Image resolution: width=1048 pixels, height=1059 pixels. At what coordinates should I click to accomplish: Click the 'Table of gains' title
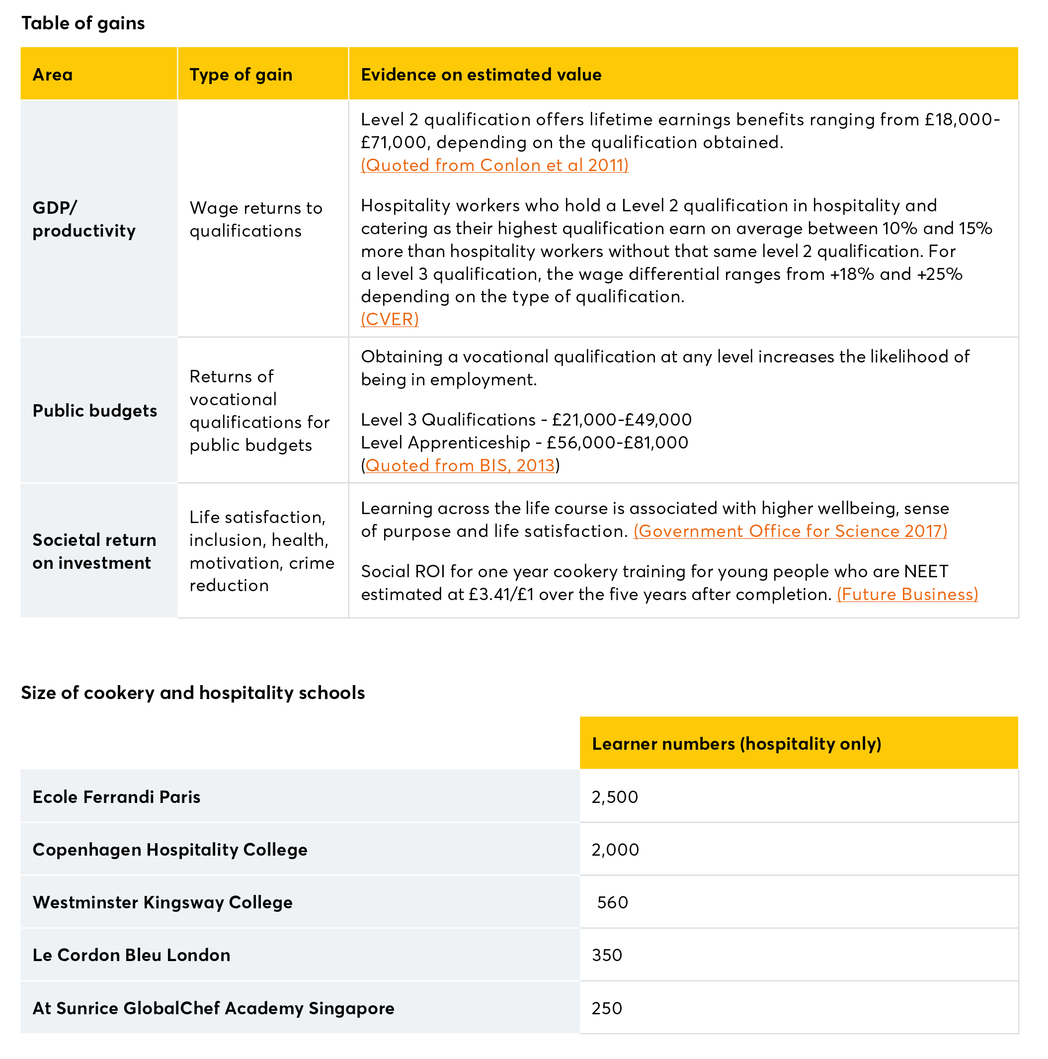pyautogui.click(x=83, y=23)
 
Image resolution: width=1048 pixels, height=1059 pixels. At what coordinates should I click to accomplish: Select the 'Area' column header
pyautogui.click(x=53, y=75)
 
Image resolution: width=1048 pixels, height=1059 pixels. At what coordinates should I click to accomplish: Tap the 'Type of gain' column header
pyautogui.click(x=241, y=75)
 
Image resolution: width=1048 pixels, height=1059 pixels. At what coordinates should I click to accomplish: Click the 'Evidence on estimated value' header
pyautogui.click(x=481, y=75)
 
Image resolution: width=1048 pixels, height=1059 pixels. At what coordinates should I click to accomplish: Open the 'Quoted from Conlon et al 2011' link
pyautogui.click(x=494, y=165)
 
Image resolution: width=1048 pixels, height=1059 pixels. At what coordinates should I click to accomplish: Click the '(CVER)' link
pyautogui.click(x=390, y=319)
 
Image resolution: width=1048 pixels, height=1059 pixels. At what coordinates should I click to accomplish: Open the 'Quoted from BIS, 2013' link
pyautogui.click(x=460, y=465)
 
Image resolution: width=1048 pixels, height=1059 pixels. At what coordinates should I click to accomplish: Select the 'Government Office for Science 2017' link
pyautogui.click(x=790, y=531)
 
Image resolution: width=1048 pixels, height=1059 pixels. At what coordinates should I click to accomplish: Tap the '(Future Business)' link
pyautogui.click(x=907, y=594)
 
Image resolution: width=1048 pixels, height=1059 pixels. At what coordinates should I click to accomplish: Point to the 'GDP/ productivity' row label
pyautogui.click(x=84, y=219)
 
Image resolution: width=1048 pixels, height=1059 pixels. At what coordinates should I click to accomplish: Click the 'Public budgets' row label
pyautogui.click(x=95, y=411)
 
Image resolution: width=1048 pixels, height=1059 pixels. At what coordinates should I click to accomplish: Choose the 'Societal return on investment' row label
pyautogui.click(x=94, y=551)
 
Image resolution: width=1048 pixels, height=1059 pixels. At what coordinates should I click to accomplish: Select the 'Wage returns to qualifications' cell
pyautogui.click(x=256, y=219)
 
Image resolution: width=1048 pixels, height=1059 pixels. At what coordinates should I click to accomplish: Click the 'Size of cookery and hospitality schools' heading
pyautogui.click(x=193, y=693)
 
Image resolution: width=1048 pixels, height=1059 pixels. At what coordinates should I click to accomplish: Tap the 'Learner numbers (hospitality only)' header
pyautogui.click(x=736, y=744)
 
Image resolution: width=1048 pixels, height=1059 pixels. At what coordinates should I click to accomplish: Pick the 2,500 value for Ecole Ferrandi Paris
pyautogui.click(x=615, y=797)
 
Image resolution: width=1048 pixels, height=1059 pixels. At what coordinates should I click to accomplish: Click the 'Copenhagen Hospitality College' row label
pyautogui.click(x=170, y=850)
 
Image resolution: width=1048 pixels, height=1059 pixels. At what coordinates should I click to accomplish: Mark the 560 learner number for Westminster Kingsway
pyautogui.click(x=613, y=902)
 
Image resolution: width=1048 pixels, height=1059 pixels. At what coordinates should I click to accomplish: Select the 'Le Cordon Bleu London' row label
pyautogui.click(x=132, y=955)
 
